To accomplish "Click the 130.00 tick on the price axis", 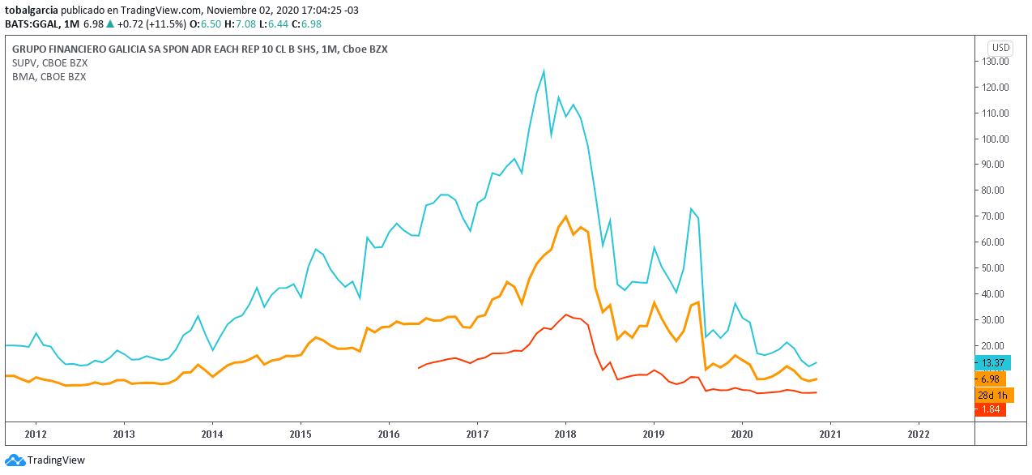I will point(995,62).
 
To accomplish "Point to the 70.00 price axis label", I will point(995,216).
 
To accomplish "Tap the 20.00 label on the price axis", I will point(995,345).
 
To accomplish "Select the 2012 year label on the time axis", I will point(36,434).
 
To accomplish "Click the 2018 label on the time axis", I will point(565,434).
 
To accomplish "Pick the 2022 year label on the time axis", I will point(919,434).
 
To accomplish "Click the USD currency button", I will point(1000,48).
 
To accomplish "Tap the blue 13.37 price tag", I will point(992,363).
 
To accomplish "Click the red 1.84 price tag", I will point(990,410).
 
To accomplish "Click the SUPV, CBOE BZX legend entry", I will point(49,62).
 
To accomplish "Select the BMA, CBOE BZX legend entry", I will point(49,76).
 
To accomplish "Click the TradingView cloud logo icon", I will point(15,460).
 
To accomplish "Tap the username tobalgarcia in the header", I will point(32,11).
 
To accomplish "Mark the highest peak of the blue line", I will point(544,71).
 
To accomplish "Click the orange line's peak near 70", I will point(565,216).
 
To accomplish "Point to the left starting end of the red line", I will point(419,368).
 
